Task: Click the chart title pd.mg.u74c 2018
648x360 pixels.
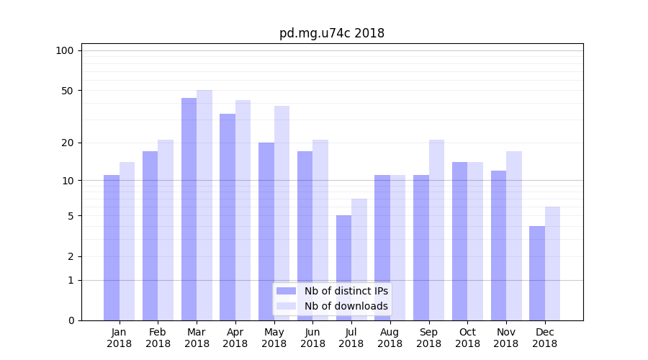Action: click(x=332, y=33)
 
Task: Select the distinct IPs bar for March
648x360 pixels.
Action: click(x=189, y=209)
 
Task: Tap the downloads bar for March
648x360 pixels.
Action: click(x=204, y=205)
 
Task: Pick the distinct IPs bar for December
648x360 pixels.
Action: click(x=537, y=274)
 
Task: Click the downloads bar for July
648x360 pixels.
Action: click(x=359, y=259)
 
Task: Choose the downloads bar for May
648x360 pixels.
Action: click(x=282, y=213)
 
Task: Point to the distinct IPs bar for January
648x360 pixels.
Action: click(x=112, y=248)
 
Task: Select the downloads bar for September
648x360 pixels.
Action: click(x=436, y=230)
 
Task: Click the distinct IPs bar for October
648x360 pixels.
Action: click(x=459, y=241)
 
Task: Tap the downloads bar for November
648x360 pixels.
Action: click(x=514, y=235)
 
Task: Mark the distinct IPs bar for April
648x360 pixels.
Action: click(x=228, y=217)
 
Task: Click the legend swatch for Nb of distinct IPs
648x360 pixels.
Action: click(x=286, y=291)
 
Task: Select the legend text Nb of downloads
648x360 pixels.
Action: click(x=346, y=306)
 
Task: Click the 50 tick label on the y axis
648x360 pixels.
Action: click(x=68, y=91)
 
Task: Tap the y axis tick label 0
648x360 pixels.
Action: click(x=71, y=320)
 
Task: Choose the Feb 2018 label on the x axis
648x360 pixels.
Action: click(x=158, y=338)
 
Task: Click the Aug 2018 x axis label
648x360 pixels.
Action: click(x=390, y=338)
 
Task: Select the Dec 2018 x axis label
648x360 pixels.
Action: click(x=544, y=338)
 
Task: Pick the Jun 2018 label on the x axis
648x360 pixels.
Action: click(x=312, y=338)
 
